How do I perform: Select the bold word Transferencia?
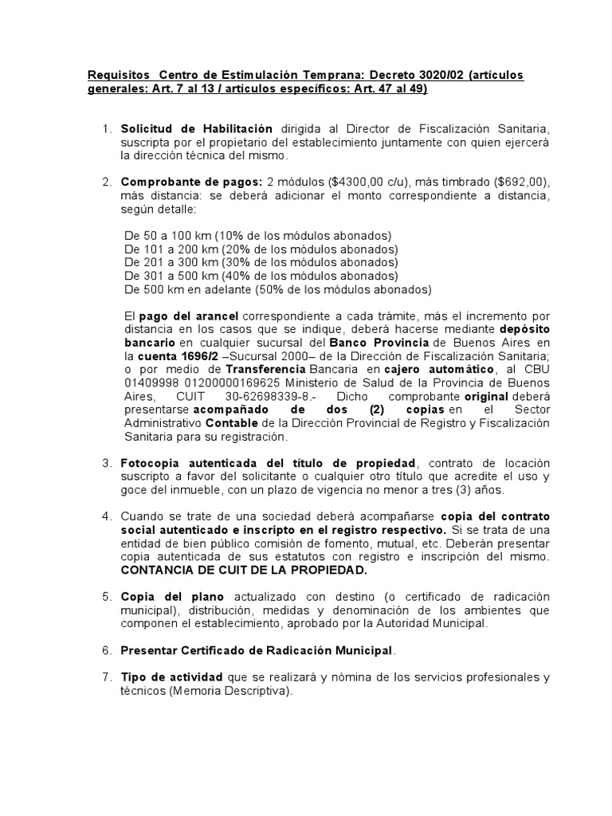266,370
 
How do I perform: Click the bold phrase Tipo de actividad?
171,678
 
